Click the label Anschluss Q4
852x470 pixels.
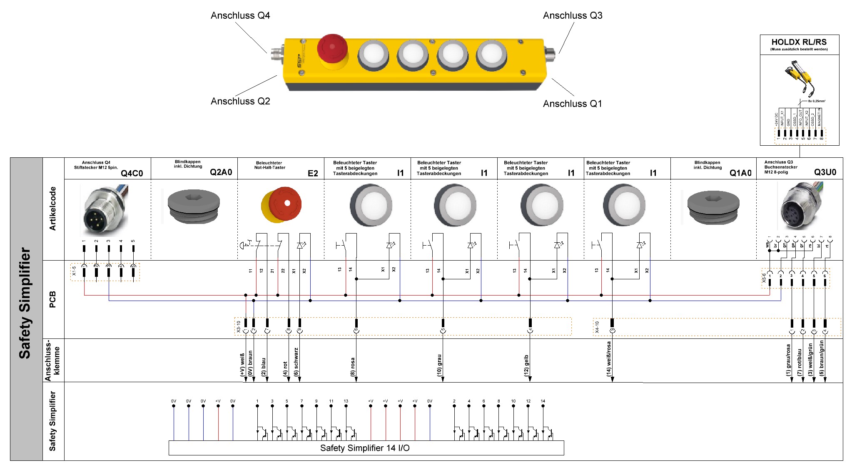click(x=240, y=16)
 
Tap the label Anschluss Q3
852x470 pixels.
click(x=573, y=16)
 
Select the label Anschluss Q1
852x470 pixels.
click(x=572, y=104)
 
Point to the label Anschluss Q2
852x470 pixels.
click(x=240, y=101)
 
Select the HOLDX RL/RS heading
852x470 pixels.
click(x=799, y=42)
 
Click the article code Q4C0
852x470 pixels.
click(x=132, y=173)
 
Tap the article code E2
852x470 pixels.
click(x=313, y=173)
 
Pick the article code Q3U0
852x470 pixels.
click(x=825, y=172)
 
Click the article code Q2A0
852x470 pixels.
click(x=221, y=172)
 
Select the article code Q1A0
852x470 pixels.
click(x=740, y=173)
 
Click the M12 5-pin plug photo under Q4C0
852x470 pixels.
click(x=104, y=210)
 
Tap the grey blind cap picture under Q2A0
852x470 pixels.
click(x=194, y=206)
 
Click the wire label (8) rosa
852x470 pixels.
click(x=353, y=367)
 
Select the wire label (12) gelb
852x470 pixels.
click(x=526, y=366)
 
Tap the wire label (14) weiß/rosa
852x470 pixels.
click(x=608, y=359)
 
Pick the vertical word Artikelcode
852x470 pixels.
click(x=52, y=209)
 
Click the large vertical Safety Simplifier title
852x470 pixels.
click(x=25, y=303)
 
